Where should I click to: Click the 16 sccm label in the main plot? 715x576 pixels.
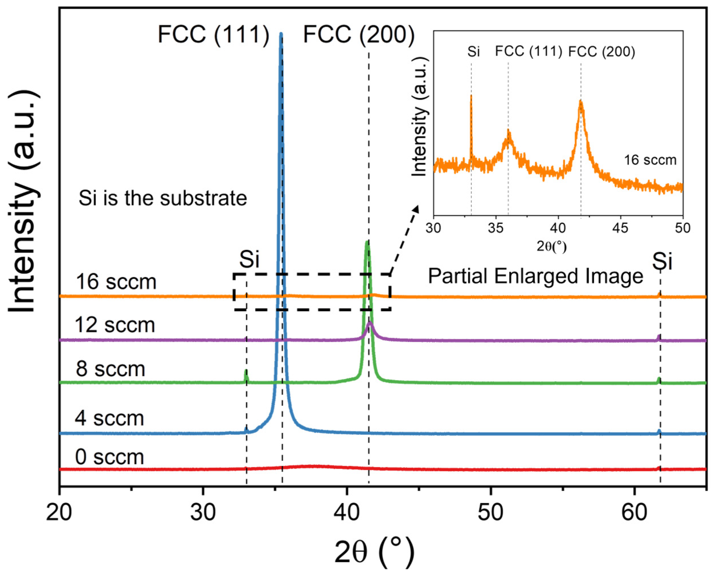pyautogui.click(x=116, y=282)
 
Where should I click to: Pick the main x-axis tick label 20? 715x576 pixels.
pyautogui.click(x=59, y=513)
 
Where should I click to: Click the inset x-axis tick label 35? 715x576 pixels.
pyautogui.click(x=496, y=228)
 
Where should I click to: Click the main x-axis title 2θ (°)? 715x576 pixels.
pyautogui.click(x=374, y=552)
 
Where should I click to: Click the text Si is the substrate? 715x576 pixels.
pyautogui.click(x=163, y=198)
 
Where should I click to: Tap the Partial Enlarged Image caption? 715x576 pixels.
pyautogui.click(x=535, y=276)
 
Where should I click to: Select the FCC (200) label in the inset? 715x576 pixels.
pyautogui.click(x=601, y=52)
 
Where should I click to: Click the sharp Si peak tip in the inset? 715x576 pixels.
pyautogui.click(x=471, y=96)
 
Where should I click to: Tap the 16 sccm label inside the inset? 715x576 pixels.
pyautogui.click(x=650, y=160)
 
